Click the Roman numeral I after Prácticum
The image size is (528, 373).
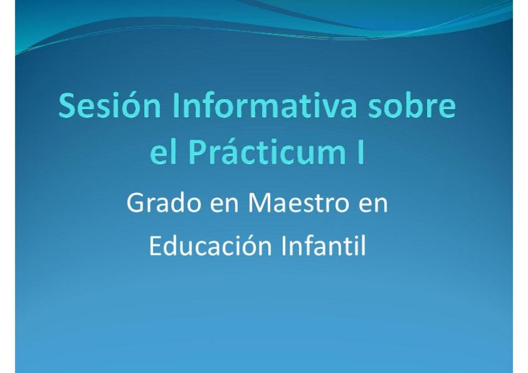click(x=361, y=151)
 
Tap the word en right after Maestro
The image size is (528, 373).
click(x=373, y=205)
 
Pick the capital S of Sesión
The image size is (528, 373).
click(x=67, y=105)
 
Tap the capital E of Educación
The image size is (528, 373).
click(x=155, y=245)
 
